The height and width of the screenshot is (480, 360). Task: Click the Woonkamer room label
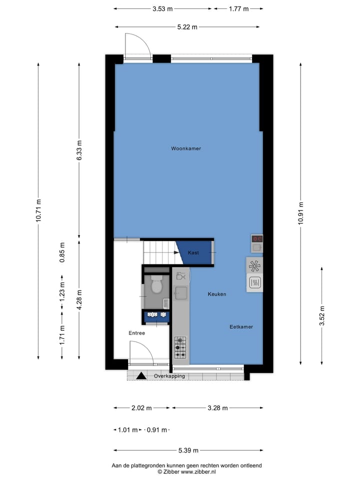pyautogui.click(x=186, y=148)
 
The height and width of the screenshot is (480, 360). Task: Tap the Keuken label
pyautogui.click(x=217, y=294)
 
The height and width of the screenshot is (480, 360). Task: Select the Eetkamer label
pyautogui.click(x=241, y=327)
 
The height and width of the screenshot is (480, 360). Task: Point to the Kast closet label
pyautogui.click(x=193, y=253)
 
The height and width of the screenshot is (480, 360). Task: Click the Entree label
pyautogui.click(x=136, y=333)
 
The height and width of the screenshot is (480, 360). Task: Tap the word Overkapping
pyautogui.click(x=169, y=376)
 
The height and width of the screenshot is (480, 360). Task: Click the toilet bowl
pyautogui.click(x=156, y=286)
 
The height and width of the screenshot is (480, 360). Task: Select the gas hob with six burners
pyautogui.click(x=180, y=347)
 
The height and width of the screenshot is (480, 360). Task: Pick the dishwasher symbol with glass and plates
pyautogui.click(x=180, y=275)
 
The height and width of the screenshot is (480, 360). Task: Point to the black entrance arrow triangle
pyautogui.click(x=141, y=375)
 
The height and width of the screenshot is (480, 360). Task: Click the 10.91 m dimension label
pyautogui.click(x=300, y=213)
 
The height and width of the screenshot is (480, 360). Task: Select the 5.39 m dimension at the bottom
pyautogui.click(x=188, y=451)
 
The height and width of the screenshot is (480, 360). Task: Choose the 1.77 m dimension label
pyautogui.click(x=238, y=8)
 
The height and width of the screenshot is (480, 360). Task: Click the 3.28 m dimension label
pyautogui.click(x=217, y=408)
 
